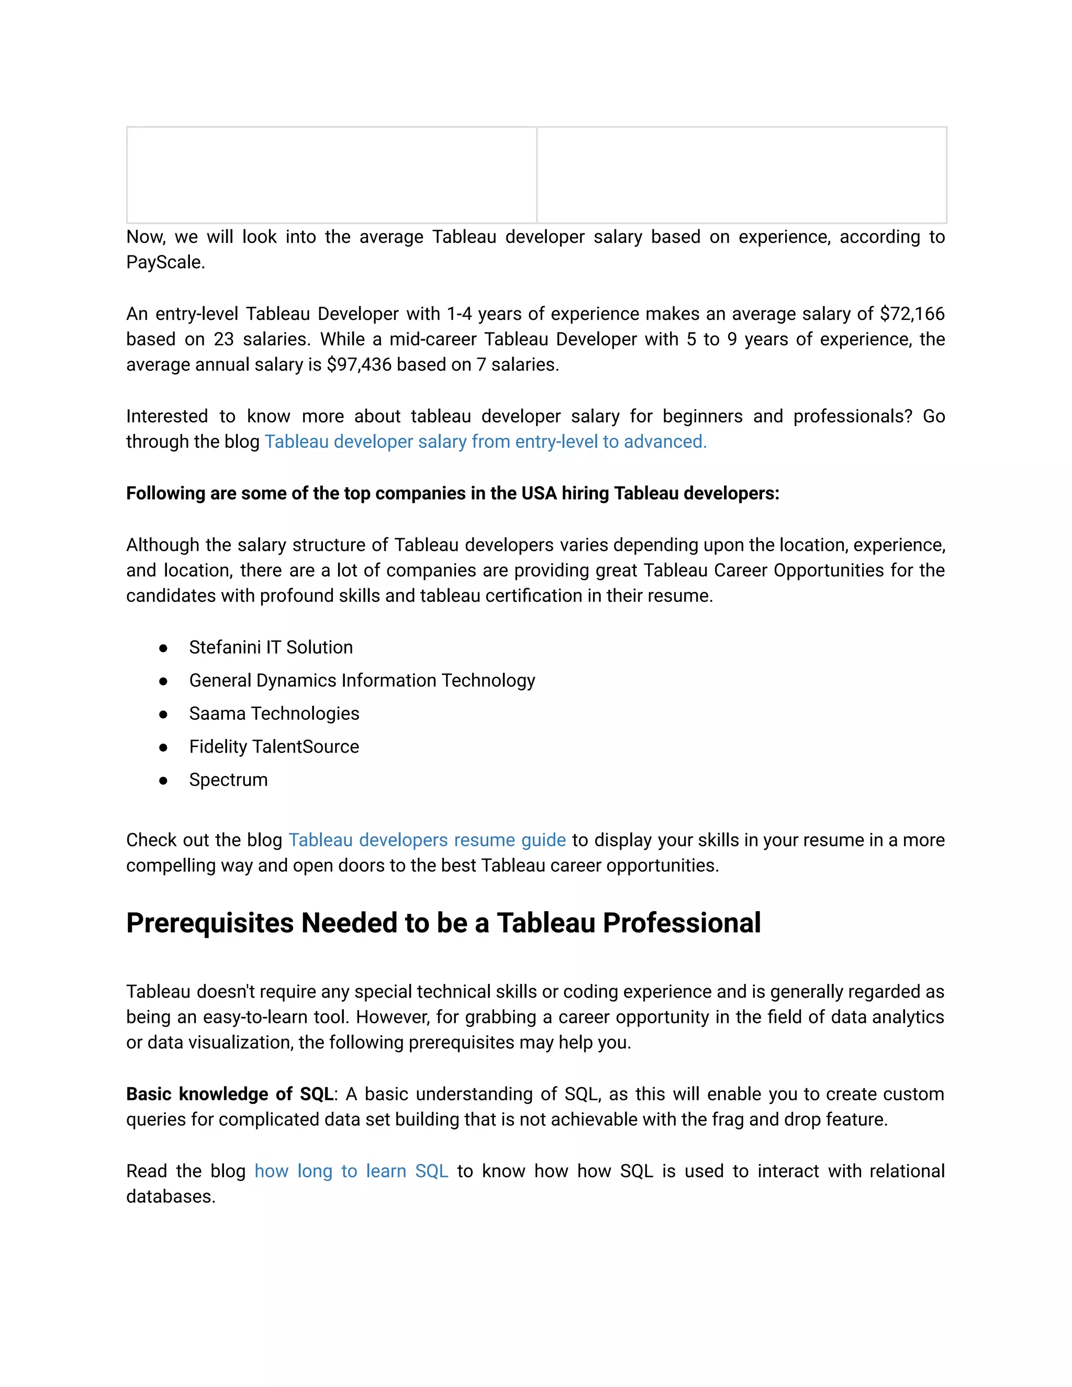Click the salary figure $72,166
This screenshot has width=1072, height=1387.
[912, 314]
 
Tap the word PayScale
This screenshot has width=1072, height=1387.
[165, 262]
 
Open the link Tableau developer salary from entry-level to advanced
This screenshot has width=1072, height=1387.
[485, 441]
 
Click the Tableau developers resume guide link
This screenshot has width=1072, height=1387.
[427, 840]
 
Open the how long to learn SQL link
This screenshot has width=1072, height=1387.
[351, 1170]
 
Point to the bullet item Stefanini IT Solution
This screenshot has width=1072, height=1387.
[271, 647]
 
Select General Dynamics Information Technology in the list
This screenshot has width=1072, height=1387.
[362, 680]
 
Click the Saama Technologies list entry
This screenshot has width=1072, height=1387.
[274, 713]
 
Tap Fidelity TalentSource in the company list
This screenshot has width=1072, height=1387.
[274, 746]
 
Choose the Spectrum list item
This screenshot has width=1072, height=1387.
[228, 779]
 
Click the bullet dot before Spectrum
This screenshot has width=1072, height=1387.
[163, 780]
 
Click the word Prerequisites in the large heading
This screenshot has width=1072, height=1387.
[209, 923]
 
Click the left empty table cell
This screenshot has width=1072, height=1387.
[331, 175]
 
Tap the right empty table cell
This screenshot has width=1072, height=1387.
[741, 175]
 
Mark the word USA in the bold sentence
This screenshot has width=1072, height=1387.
[539, 494]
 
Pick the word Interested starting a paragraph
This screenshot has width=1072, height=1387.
[166, 416]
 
